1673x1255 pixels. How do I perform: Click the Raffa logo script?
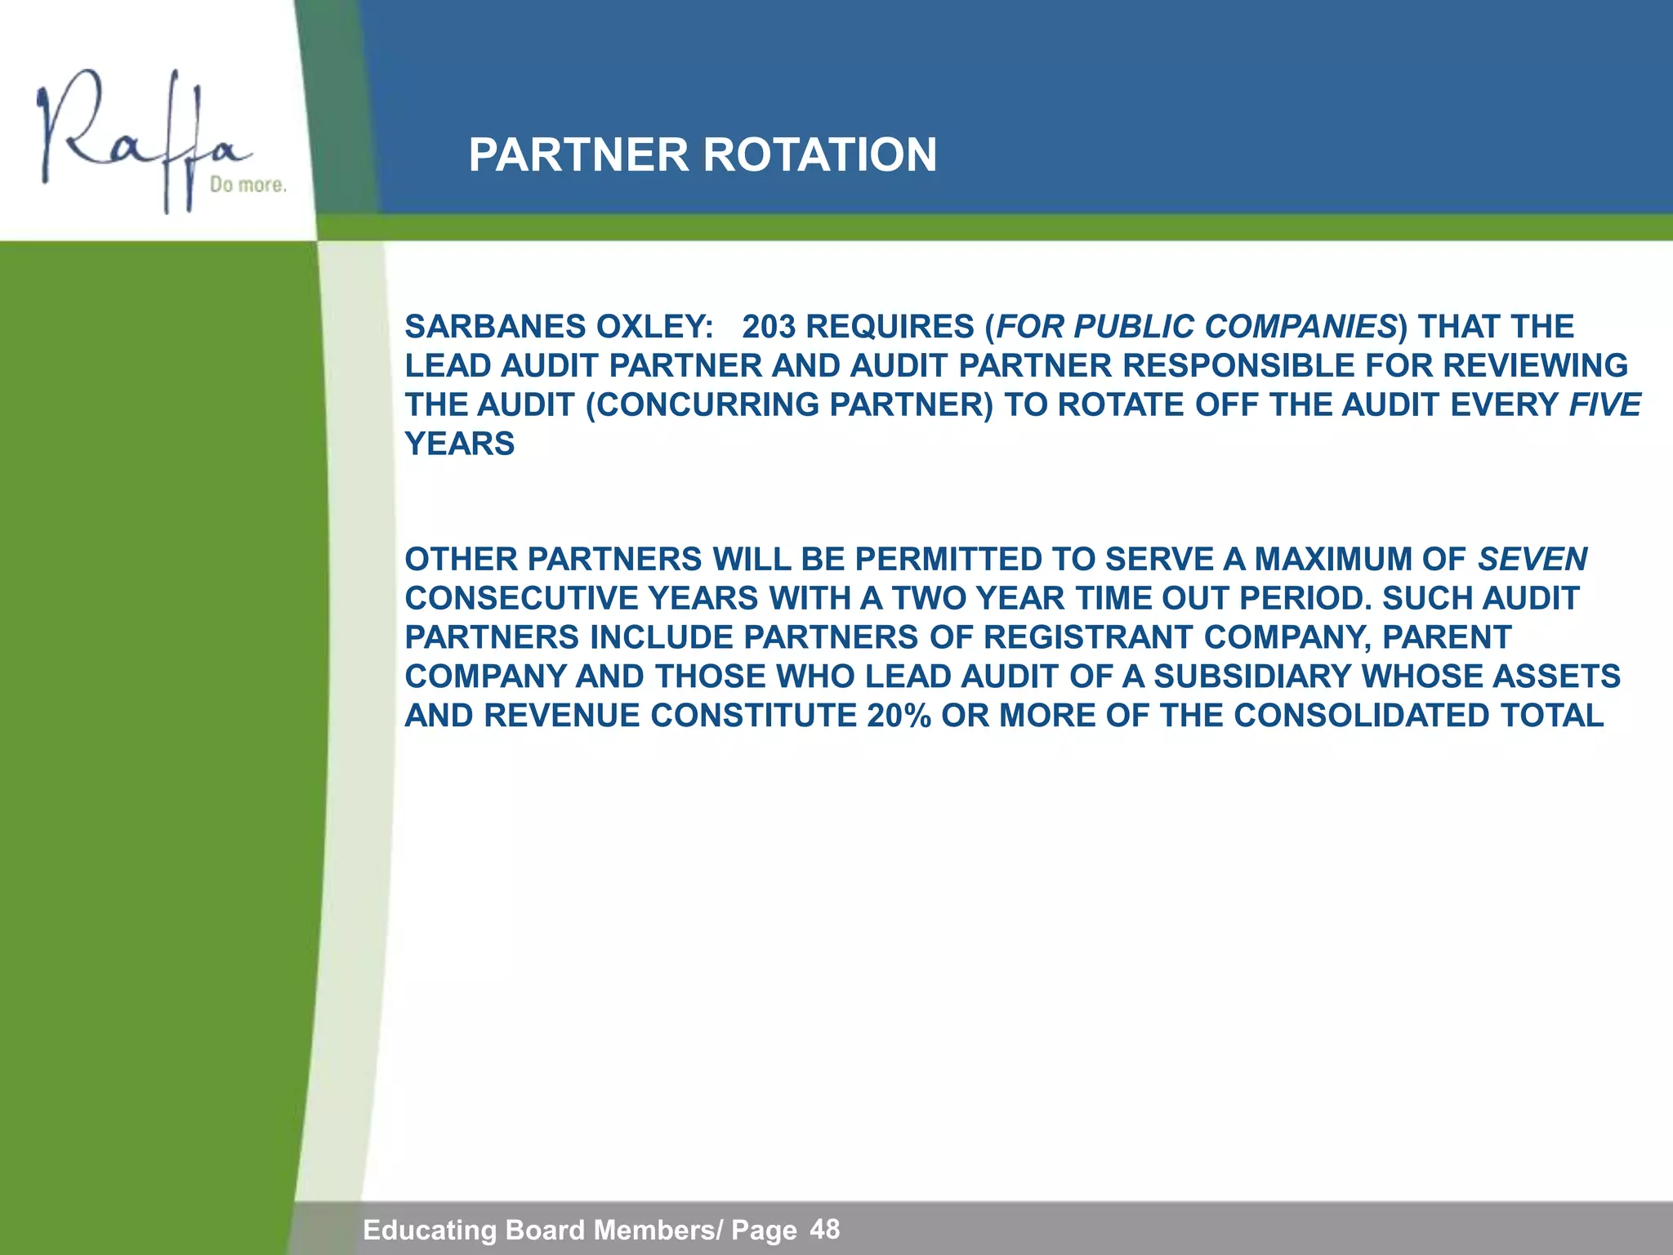pos(139,139)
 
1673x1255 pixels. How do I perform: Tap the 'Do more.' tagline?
pos(248,185)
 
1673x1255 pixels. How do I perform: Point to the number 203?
pos(768,327)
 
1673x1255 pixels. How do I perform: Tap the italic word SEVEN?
pos(1532,560)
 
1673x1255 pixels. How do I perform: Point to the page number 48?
pos(824,1228)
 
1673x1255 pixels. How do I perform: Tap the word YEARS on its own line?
pos(459,444)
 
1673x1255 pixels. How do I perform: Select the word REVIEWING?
pos(1535,366)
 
